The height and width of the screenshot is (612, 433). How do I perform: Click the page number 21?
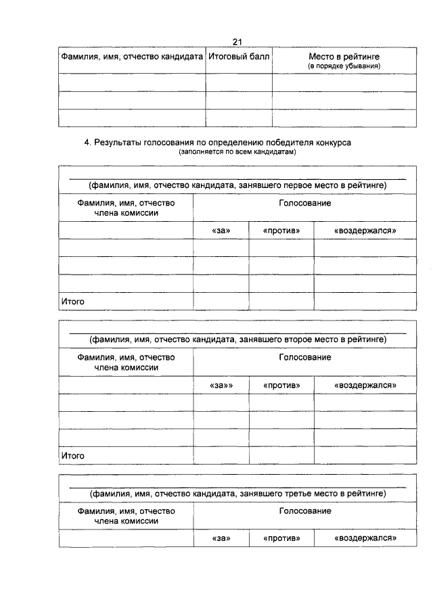(x=237, y=42)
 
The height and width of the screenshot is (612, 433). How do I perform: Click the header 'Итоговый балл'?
(x=239, y=57)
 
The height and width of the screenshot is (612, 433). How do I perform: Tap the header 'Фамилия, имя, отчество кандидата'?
(x=133, y=57)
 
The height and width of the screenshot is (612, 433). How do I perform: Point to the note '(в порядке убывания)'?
(x=344, y=66)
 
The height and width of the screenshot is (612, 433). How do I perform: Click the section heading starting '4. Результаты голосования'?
(x=218, y=143)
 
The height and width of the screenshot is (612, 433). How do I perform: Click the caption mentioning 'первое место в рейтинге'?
(x=237, y=185)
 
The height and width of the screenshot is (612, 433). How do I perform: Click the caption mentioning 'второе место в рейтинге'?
(x=237, y=339)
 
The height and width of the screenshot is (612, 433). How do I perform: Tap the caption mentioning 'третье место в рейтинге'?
(x=237, y=494)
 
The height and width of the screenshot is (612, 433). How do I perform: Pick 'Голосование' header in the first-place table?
(x=305, y=203)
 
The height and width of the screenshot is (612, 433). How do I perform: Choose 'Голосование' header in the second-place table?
(x=305, y=357)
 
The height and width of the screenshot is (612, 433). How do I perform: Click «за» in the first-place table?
(x=221, y=231)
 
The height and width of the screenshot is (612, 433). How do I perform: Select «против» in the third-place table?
(x=281, y=539)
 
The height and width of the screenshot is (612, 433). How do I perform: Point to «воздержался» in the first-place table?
(x=365, y=231)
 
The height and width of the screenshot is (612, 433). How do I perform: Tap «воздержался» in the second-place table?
(x=365, y=385)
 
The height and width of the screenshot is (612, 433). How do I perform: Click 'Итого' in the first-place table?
(x=73, y=302)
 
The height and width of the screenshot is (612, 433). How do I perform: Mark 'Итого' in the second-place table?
(x=73, y=456)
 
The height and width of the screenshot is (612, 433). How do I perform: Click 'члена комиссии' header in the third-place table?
(x=127, y=521)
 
